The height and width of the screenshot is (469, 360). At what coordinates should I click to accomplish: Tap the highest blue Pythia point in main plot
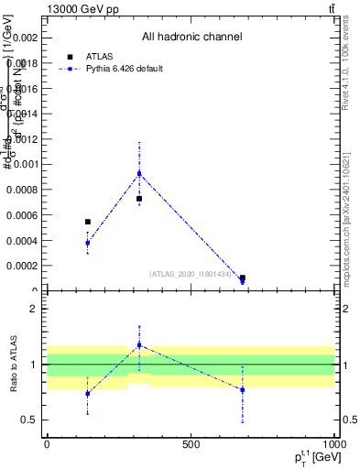pos(139,173)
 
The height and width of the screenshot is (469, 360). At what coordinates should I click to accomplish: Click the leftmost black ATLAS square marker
pos(88,222)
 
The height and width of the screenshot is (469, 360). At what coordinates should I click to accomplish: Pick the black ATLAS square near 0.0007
pos(139,199)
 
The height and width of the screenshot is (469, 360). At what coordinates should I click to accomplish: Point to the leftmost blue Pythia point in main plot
pos(88,243)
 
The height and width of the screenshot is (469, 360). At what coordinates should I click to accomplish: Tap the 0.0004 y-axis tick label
pos(23,240)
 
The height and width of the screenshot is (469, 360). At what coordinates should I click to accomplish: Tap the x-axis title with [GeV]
pos(302,456)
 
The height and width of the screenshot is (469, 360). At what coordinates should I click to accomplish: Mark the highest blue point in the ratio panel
pos(139,345)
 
